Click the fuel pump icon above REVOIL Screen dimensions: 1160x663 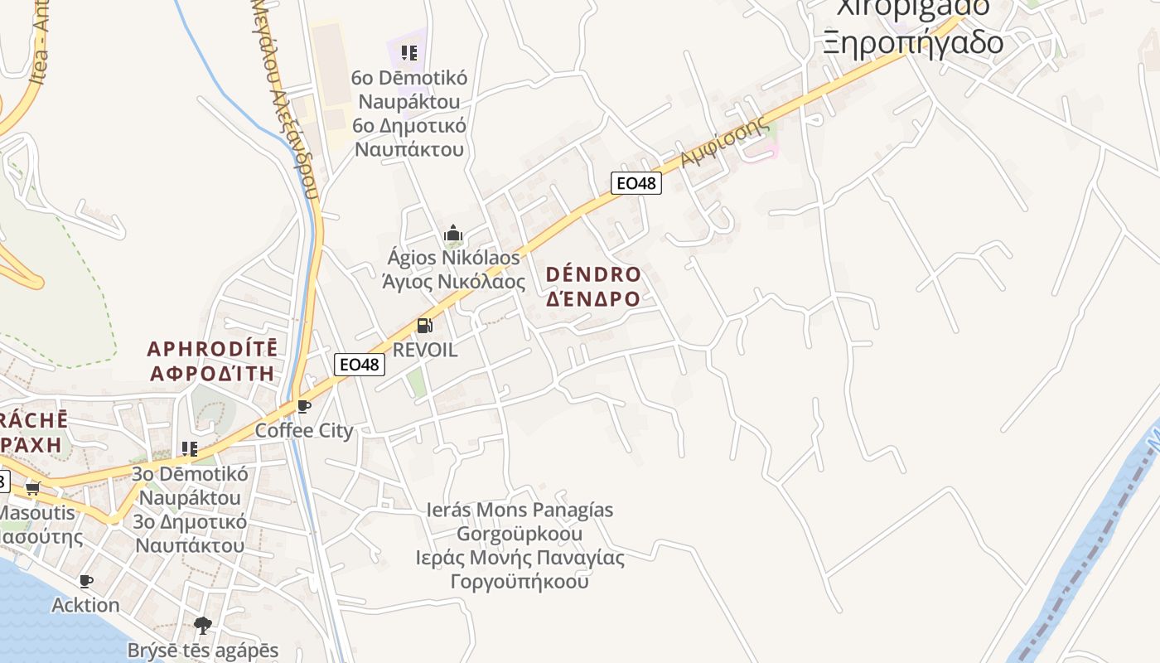(x=424, y=326)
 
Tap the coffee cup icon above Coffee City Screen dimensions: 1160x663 (x=303, y=406)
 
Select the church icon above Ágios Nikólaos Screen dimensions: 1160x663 (x=452, y=234)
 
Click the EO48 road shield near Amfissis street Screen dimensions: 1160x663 (x=636, y=183)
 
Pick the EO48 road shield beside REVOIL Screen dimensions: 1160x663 (x=360, y=364)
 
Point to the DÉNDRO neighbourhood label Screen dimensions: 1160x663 (x=593, y=274)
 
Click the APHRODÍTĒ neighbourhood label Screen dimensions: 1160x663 (x=212, y=348)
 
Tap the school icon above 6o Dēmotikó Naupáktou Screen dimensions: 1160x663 (x=408, y=53)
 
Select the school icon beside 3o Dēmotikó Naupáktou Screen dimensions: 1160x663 (x=190, y=449)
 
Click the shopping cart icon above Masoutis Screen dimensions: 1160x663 (x=33, y=487)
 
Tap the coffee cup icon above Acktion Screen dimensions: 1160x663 (x=85, y=581)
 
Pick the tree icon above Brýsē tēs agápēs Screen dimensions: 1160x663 (x=203, y=625)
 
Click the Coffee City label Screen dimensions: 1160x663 (x=303, y=431)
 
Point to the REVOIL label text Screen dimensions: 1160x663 (x=424, y=350)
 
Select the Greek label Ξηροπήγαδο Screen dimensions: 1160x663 (x=913, y=41)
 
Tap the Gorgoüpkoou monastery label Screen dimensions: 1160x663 (x=520, y=533)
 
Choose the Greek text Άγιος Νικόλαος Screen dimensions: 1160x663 (x=453, y=282)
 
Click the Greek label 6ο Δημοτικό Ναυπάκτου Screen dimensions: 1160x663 (x=409, y=138)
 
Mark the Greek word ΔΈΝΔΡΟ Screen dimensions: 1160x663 (x=593, y=299)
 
